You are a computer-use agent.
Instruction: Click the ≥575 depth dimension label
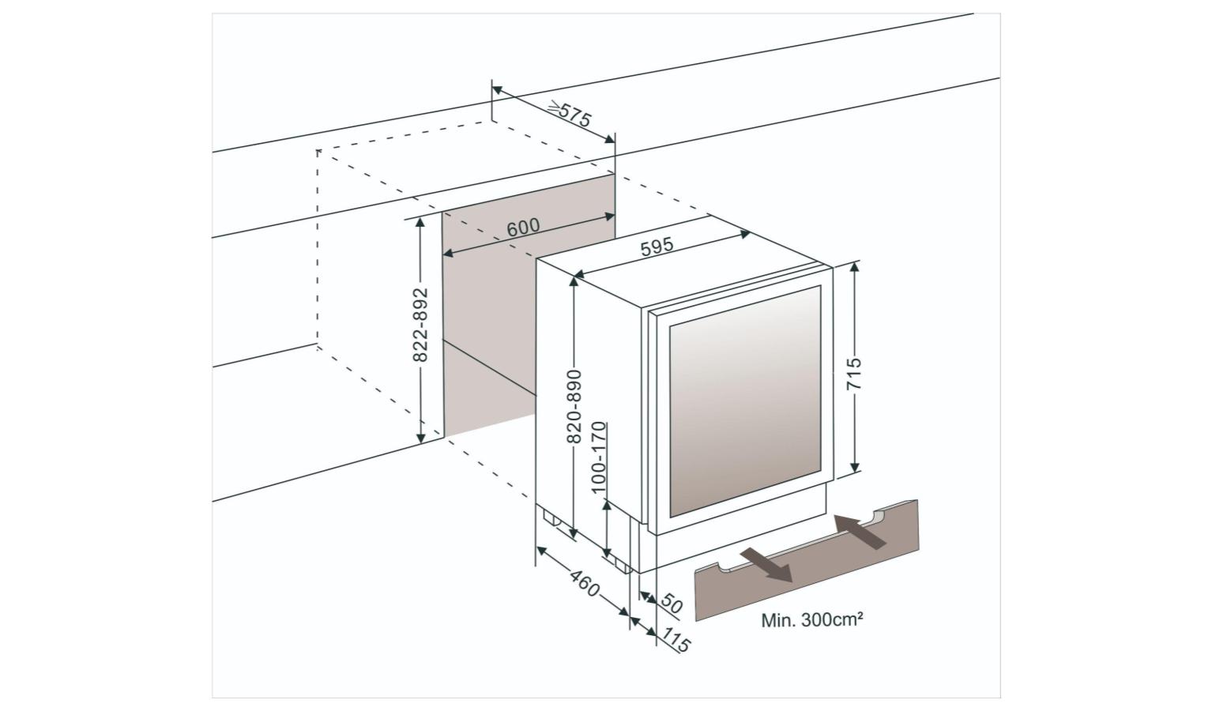tap(570, 114)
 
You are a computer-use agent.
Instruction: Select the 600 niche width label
tap(523, 228)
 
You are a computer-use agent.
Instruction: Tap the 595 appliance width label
tap(657, 246)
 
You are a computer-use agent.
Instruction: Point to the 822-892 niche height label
tap(420, 325)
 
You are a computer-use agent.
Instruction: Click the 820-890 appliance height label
tap(574, 406)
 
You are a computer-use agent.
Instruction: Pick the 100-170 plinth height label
tap(599, 457)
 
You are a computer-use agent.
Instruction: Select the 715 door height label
tap(853, 374)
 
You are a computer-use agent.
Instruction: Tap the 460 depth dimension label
tap(585, 582)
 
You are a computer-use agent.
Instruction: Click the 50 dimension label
tap(671, 604)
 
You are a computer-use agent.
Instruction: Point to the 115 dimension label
tap(676, 639)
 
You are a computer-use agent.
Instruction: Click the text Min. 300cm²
tap(811, 620)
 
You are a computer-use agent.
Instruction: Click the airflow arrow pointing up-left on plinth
tap(860, 532)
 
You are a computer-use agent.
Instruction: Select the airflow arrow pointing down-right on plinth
tap(766, 564)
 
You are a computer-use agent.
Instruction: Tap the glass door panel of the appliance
tap(746, 401)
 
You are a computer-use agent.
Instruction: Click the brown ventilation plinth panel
tap(806, 560)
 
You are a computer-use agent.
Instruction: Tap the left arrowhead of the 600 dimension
tap(448, 253)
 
